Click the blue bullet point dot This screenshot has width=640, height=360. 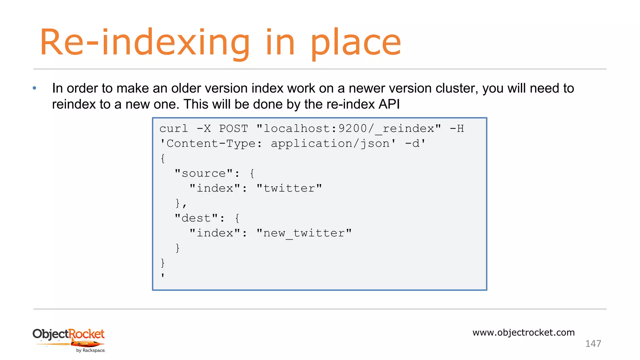(x=34, y=88)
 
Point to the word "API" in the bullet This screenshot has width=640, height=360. (x=389, y=104)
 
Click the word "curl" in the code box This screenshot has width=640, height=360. (x=174, y=129)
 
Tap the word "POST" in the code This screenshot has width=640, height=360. (x=233, y=129)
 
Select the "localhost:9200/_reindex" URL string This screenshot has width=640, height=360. (x=349, y=129)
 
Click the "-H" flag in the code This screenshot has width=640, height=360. (x=457, y=129)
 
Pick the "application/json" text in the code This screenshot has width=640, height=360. (x=330, y=144)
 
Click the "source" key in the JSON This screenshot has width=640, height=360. (x=204, y=173)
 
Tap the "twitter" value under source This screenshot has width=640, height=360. (x=289, y=188)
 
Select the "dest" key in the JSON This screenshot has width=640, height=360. (x=196, y=218)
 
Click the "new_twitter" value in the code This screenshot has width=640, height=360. (x=304, y=233)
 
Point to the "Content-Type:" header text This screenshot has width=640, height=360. (x=211, y=144)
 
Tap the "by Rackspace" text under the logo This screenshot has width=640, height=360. (x=91, y=351)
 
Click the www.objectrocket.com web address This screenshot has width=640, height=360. (x=523, y=332)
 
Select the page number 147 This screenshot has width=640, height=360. (x=593, y=344)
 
